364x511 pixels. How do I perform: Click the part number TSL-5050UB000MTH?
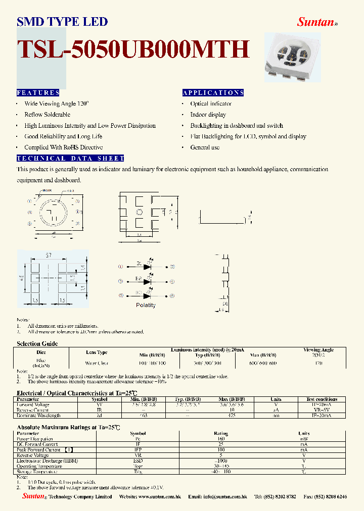coord(133,49)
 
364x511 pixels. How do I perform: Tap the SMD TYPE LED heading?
coord(62,22)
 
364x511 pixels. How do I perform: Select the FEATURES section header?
coord(38,93)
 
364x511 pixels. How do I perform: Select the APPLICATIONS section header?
coord(213,93)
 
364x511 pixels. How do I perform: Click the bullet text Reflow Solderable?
coord(47,115)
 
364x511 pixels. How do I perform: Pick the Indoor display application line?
coord(208,115)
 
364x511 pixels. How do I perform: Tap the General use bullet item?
coord(205,147)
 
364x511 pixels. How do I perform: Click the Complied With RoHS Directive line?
coord(63,147)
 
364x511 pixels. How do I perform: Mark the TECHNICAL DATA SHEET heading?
coord(71,159)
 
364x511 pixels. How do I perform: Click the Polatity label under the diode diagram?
coord(146,305)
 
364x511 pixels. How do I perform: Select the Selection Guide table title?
coord(37,343)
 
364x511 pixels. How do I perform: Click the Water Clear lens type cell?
coord(96,363)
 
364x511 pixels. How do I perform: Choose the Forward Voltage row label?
coord(33,405)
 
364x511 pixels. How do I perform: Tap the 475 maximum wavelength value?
coord(232,416)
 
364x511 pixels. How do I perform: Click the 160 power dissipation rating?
coord(221,439)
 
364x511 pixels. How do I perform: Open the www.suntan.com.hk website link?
coord(156,497)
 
